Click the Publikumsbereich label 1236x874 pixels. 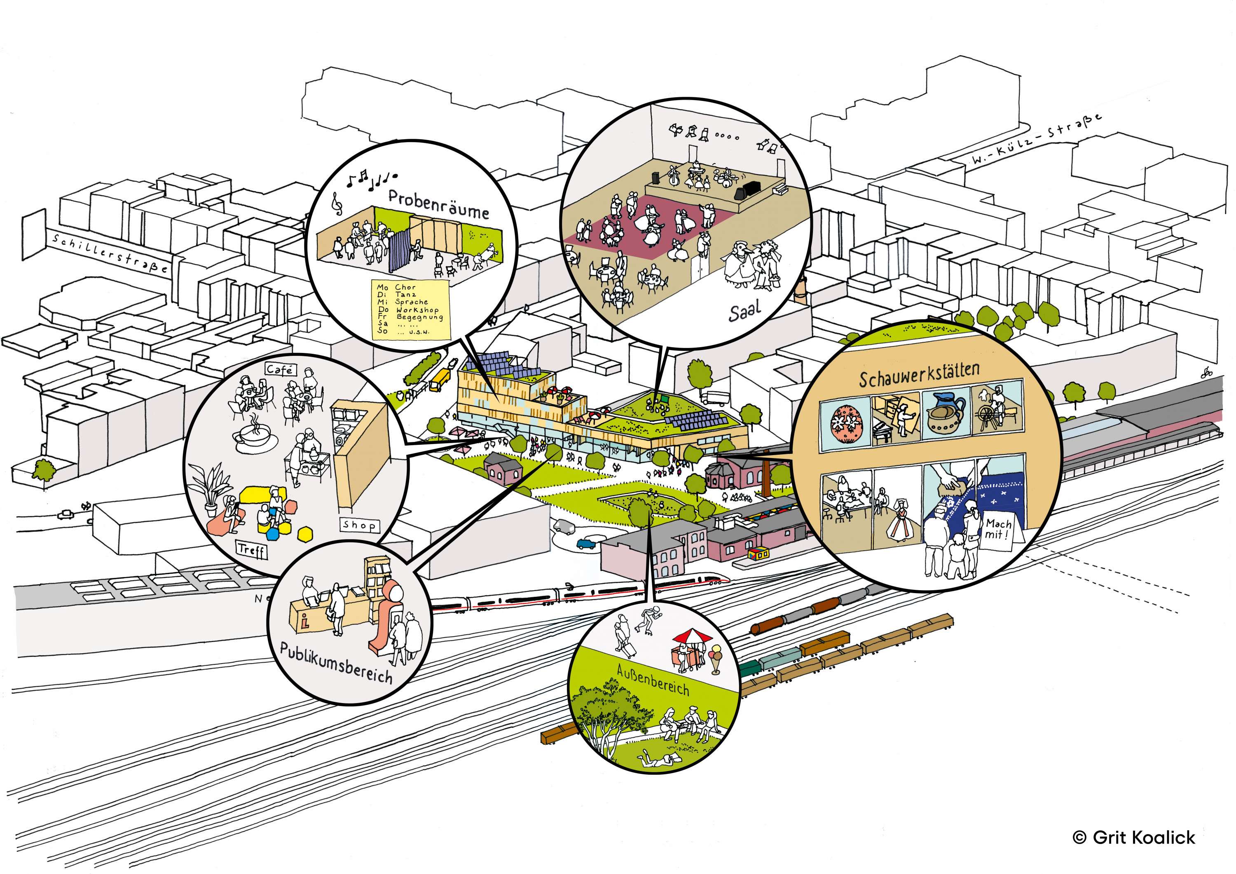pos(337,662)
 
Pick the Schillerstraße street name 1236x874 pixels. pos(110,253)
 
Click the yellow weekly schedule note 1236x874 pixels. pos(411,309)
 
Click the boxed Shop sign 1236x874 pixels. pos(359,525)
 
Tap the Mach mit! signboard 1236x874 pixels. pos(997,530)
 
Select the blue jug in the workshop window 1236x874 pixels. pos(946,411)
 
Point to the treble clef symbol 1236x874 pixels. pos(338,204)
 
